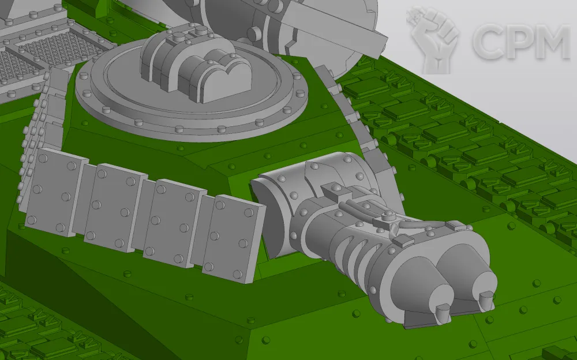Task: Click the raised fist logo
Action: click(433, 38)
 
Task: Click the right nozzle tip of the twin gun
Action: click(487, 299)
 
